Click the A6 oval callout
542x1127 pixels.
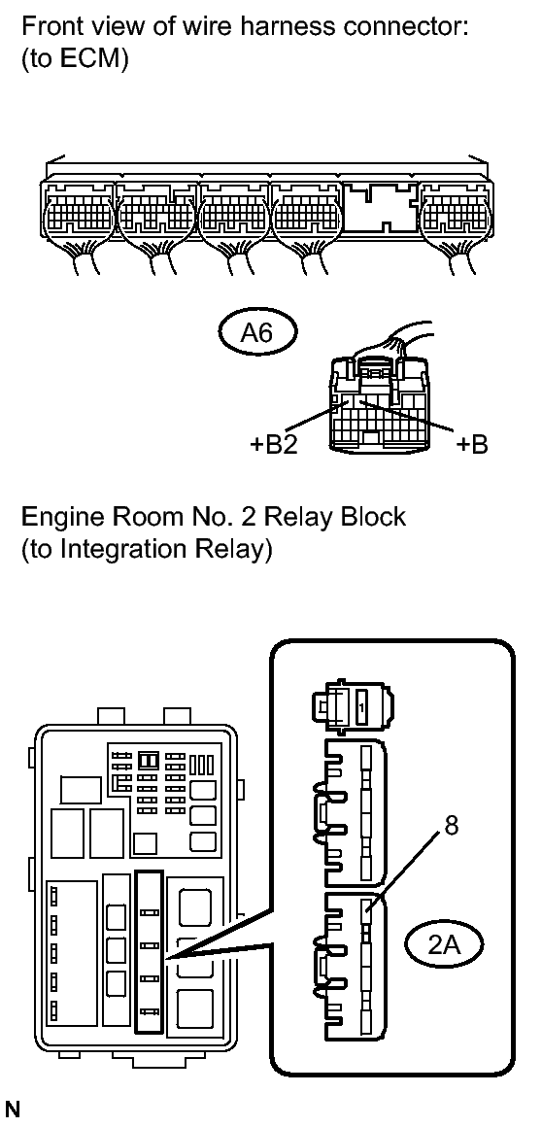pos(256,334)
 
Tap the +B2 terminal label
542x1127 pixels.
pos(273,444)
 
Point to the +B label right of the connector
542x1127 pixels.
pos(471,444)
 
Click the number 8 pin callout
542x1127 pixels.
pos(452,827)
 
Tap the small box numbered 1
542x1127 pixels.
pos(362,708)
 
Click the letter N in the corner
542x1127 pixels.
pos(13,1110)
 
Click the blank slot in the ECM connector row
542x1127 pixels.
pos(381,206)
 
